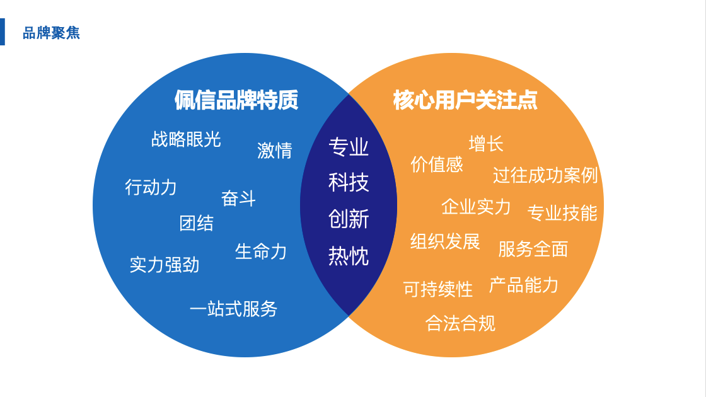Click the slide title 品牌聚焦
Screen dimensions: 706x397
[51, 33]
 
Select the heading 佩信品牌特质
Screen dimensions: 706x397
[236, 100]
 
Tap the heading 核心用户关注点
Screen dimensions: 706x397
[465, 100]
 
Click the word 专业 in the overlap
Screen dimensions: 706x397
[349, 147]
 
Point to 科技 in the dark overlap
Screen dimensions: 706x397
[349, 183]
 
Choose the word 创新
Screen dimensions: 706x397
[349, 219]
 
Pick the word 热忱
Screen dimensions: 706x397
[349, 256]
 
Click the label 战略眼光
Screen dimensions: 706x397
[186, 139]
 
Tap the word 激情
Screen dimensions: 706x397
[275, 151]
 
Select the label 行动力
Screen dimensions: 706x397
[151, 187]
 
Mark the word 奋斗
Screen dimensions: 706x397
[238, 198]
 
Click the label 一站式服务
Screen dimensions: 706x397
[233, 309]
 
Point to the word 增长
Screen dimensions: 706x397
[486, 144]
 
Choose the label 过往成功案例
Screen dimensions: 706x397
[545, 175]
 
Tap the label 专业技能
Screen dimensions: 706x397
[562, 213]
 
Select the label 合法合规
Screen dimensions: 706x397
[460, 323]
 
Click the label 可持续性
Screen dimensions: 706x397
[438, 289]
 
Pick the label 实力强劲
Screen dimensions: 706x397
[165, 265]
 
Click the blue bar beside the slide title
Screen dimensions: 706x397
[2, 32]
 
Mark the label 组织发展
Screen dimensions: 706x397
[445, 241]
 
